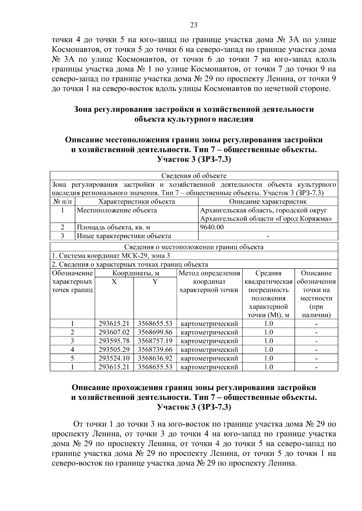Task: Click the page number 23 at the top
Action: coord(194,25)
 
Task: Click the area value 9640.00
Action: coord(212,227)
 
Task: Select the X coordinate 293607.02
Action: coord(114,332)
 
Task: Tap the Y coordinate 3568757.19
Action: coord(155,341)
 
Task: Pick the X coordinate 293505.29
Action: coord(114,350)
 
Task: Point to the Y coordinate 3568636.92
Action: coord(155,358)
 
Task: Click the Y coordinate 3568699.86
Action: coord(155,332)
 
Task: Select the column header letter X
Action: coord(114,282)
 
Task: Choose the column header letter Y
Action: coord(155,282)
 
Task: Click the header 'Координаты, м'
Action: coord(136,273)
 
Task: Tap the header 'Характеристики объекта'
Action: coord(137,201)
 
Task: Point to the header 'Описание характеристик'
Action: coord(268,201)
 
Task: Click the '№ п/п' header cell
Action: coord(62,201)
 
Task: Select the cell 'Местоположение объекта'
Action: coord(117,210)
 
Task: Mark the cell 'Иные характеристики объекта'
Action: coord(124,236)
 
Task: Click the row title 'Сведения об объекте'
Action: coord(194,176)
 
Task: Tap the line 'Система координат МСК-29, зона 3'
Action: coord(111,256)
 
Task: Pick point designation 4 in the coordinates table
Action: coord(72,350)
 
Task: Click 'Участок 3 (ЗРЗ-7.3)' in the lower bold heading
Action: coord(194,407)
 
